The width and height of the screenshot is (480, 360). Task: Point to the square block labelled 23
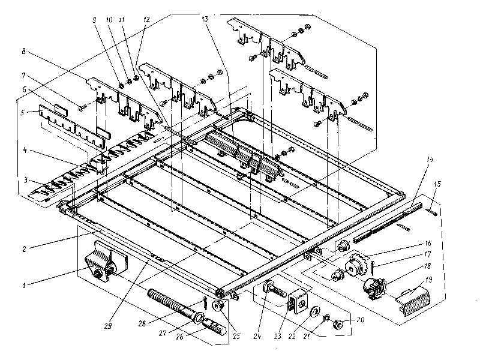[297, 298]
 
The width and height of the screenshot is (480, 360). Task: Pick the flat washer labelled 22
[314, 313]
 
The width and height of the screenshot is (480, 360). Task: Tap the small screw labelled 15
[431, 210]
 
